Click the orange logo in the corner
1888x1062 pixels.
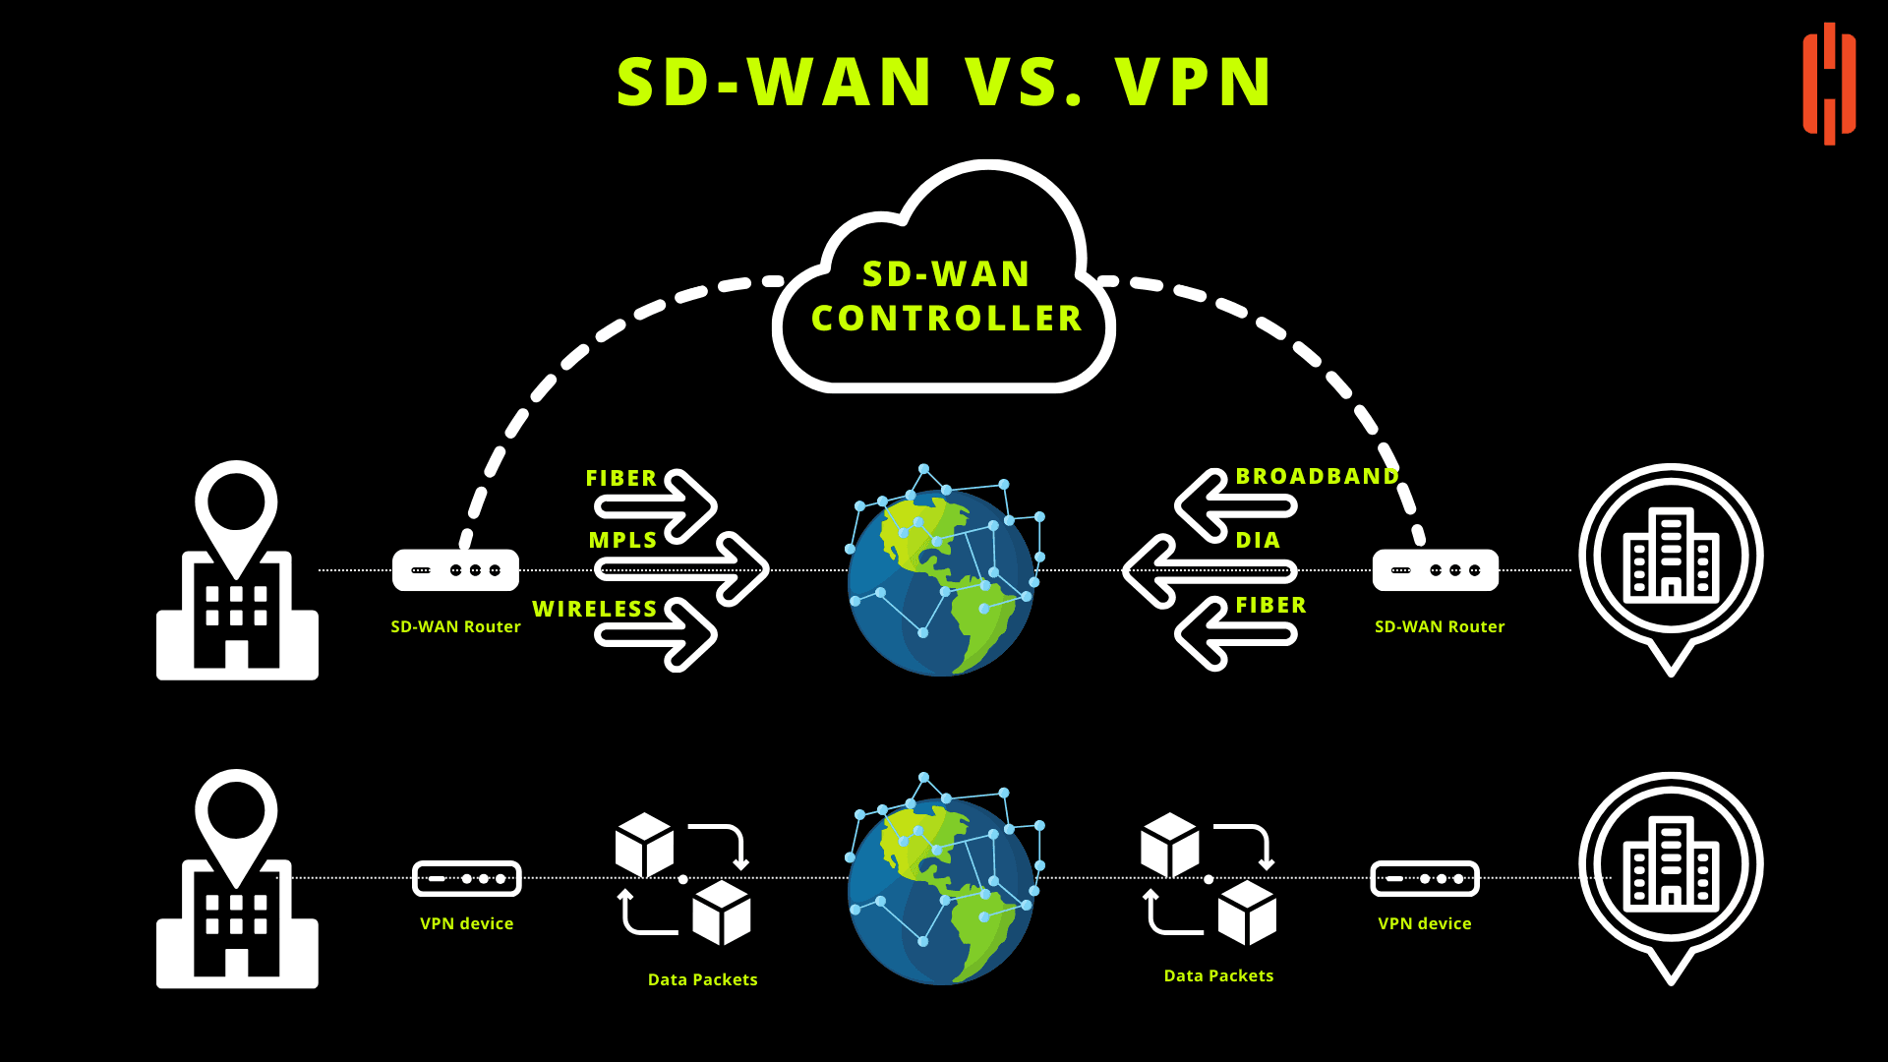1829,84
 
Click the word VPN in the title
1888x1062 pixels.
1194,82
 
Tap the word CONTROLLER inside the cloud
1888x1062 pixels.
947,319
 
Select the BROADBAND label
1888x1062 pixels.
1317,477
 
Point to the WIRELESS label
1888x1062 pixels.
594,610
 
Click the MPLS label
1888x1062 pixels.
622,541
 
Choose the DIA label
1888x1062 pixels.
1258,541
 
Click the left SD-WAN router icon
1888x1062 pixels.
455,570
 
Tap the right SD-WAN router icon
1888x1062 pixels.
1436,570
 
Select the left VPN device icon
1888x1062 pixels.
467,878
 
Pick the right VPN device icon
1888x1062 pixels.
1425,878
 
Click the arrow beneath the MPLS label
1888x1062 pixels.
681,569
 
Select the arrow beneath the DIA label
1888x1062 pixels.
1209,570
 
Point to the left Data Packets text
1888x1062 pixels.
703,980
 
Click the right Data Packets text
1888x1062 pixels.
1218,976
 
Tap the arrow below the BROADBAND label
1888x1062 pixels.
1236,506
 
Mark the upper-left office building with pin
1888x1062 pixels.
237,570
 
